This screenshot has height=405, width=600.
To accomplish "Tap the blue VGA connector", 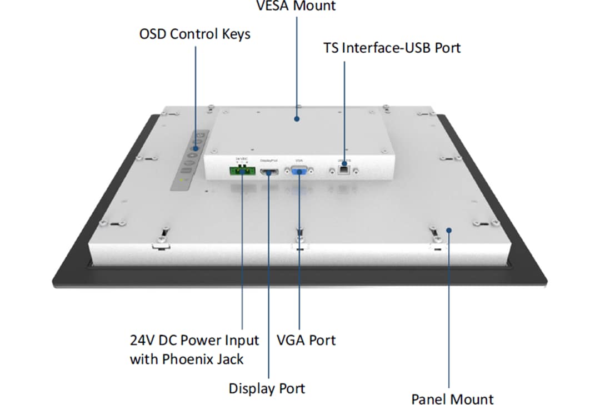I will pyautogui.click(x=299, y=172).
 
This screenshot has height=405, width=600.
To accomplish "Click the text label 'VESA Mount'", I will pyautogui.click(x=296, y=6).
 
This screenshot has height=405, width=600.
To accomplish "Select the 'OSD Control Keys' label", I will pyautogui.click(x=194, y=34).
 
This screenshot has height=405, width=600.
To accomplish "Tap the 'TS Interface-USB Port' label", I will pyautogui.click(x=392, y=48).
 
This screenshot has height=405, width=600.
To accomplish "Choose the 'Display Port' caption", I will pyautogui.click(x=267, y=388).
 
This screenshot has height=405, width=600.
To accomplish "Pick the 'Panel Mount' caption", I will pyautogui.click(x=452, y=398).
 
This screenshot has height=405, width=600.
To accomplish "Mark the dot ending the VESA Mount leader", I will pyautogui.click(x=297, y=118).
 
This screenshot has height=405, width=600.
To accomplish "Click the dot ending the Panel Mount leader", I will pyautogui.click(x=449, y=229).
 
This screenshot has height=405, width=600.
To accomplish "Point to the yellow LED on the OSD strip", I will pyautogui.click(x=185, y=181).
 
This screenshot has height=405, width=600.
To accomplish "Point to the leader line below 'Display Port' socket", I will pyautogui.click(x=269, y=278).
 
